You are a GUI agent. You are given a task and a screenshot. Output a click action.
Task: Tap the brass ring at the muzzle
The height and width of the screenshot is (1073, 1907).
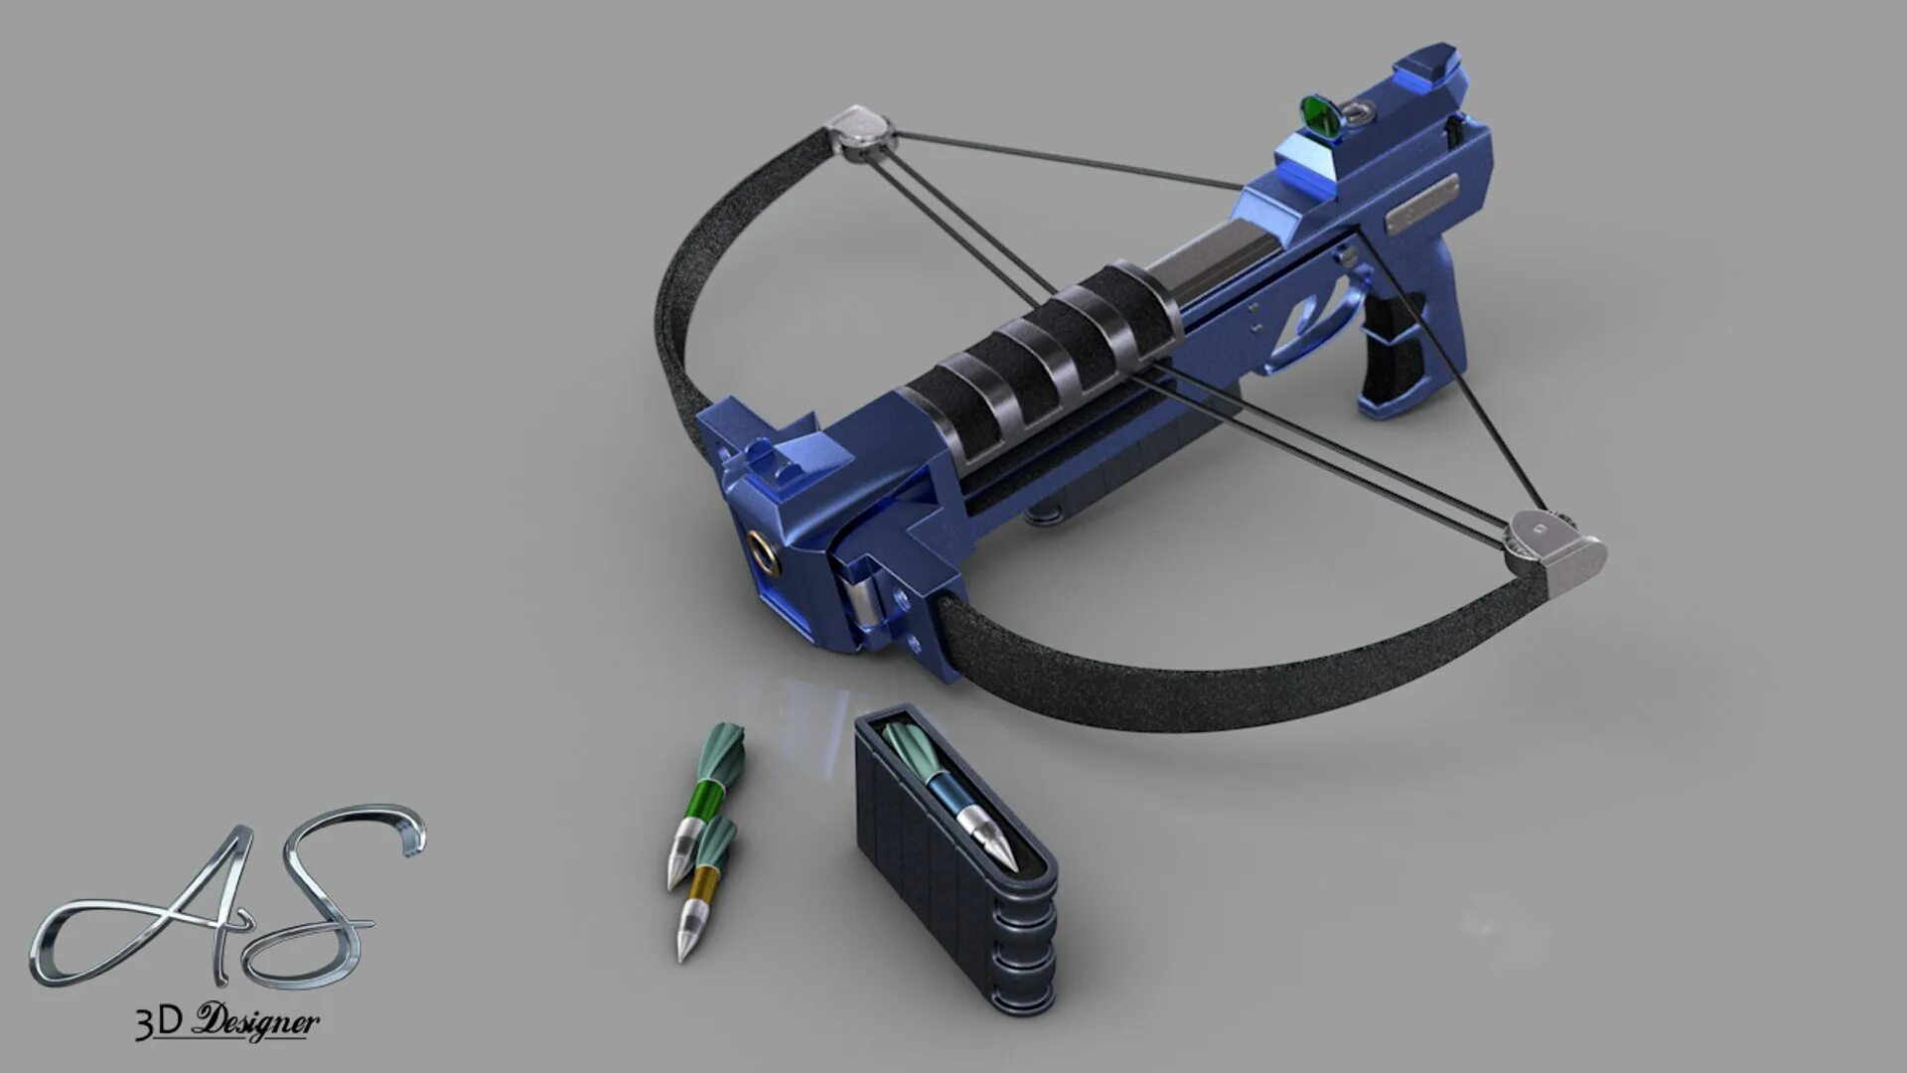764,549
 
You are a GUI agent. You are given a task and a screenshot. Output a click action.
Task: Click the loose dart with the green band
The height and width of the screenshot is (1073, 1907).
704,805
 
